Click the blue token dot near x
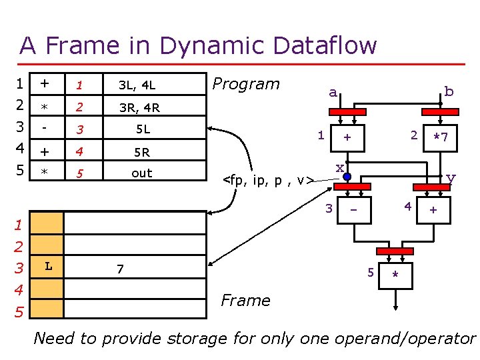coord(347,177)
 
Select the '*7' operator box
coord(439,138)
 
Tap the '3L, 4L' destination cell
coord(137,85)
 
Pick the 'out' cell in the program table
coord(141,173)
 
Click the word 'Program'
coord(245,84)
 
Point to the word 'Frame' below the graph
coord(245,301)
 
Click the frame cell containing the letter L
coord(49,267)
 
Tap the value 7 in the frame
coord(120,269)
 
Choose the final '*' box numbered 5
coord(396,274)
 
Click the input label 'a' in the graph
coord(332,93)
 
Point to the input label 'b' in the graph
coord(449,91)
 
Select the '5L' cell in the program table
coord(141,129)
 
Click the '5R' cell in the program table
coord(141,152)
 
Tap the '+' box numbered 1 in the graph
coord(347,137)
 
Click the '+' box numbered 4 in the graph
coord(433,211)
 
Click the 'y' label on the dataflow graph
coord(451,177)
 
